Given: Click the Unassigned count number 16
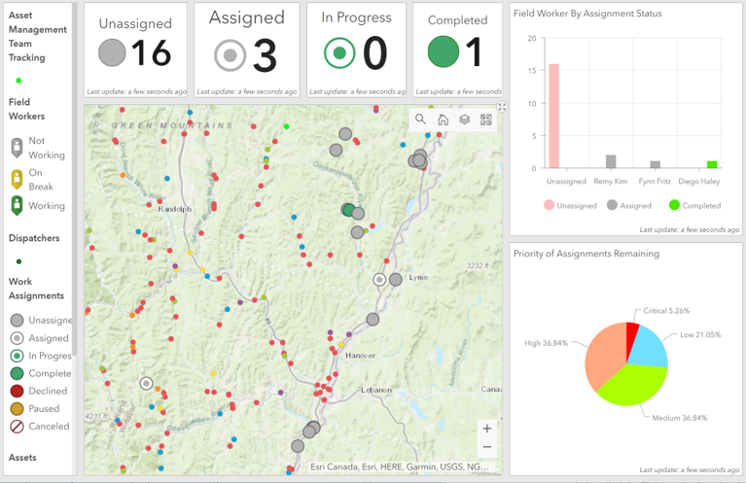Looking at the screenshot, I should (x=151, y=53).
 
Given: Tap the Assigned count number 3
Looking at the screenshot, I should (x=265, y=56).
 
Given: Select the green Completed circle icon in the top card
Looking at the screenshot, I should (x=443, y=52).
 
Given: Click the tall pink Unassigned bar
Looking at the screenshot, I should (x=553, y=116).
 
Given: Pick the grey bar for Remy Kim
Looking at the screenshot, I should (x=611, y=161).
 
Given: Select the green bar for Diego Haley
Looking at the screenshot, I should (x=712, y=164).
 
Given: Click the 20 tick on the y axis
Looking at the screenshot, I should (x=531, y=39).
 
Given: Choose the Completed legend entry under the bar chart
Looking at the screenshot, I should (x=694, y=205).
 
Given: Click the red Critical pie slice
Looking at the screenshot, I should (x=632, y=335).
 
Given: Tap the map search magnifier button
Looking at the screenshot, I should (x=420, y=120).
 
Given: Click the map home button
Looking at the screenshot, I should (x=443, y=120).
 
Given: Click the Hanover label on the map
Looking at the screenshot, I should (x=360, y=355).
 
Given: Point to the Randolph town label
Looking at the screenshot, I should (x=175, y=209).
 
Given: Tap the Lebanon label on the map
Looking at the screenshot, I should (x=376, y=390).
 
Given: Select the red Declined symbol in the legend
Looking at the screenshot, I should (x=18, y=392).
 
